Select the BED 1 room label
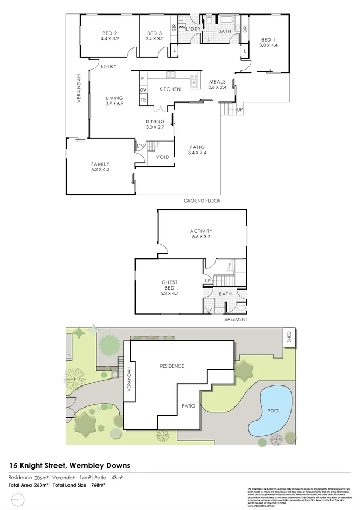click(x=268, y=43)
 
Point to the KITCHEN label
click(x=169, y=89)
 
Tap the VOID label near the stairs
click(x=162, y=157)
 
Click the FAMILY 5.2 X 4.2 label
click(x=100, y=167)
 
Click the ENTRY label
click(x=108, y=66)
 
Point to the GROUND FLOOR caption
click(x=202, y=201)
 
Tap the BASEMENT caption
click(x=236, y=319)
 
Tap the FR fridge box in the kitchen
click(x=143, y=100)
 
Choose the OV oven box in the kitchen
click(x=143, y=89)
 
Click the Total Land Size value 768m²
click(x=98, y=486)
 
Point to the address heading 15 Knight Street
click(x=70, y=465)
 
